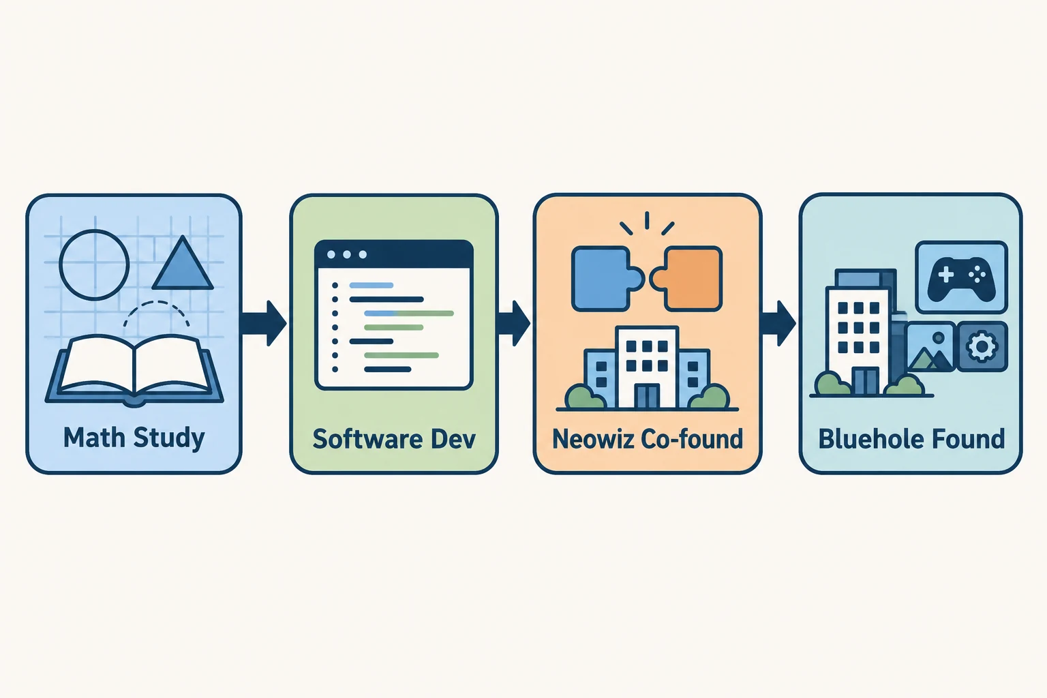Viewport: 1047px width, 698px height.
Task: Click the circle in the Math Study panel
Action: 94,232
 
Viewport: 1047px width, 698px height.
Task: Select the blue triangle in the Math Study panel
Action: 183,264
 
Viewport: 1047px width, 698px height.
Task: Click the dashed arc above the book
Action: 157,303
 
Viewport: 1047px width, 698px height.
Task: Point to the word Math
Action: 94,438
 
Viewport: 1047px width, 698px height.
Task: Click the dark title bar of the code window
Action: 393,254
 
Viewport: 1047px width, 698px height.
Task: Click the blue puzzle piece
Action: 607,279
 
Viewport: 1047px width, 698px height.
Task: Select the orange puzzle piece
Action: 686,279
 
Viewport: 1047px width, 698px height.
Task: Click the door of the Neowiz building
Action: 648,397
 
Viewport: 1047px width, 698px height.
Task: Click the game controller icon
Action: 962,277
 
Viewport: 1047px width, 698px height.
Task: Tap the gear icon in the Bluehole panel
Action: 982,346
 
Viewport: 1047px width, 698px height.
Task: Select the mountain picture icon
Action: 930,347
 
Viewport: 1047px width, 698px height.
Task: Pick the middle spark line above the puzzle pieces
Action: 647,221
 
